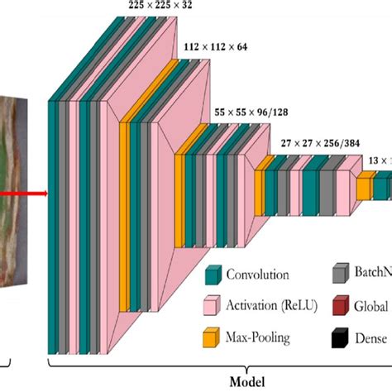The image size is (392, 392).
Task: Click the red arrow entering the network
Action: tap(25, 196)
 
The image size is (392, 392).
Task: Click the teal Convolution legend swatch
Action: tap(212, 275)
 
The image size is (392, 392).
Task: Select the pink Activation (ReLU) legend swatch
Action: tap(212, 305)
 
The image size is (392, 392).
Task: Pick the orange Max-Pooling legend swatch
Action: tap(212, 336)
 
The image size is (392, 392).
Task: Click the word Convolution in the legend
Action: tap(258, 275)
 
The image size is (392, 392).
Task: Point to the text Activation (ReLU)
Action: tap(271, 306)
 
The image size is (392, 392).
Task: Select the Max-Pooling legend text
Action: tap(260, 337)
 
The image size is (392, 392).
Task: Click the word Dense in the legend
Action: tap(370, 337)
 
